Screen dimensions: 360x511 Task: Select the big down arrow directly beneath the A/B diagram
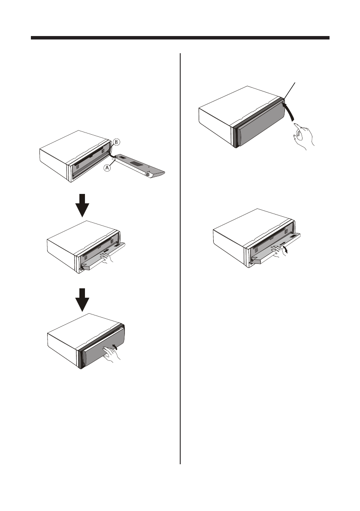point(85,205)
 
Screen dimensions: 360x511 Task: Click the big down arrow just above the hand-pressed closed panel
point(85,299)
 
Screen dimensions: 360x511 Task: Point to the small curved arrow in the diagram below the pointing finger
point(287,250)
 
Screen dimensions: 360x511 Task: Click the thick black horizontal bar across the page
point(180,38)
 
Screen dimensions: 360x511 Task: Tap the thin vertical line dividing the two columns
point(180,257)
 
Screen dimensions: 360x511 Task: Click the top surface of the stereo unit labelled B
point(73,142)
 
